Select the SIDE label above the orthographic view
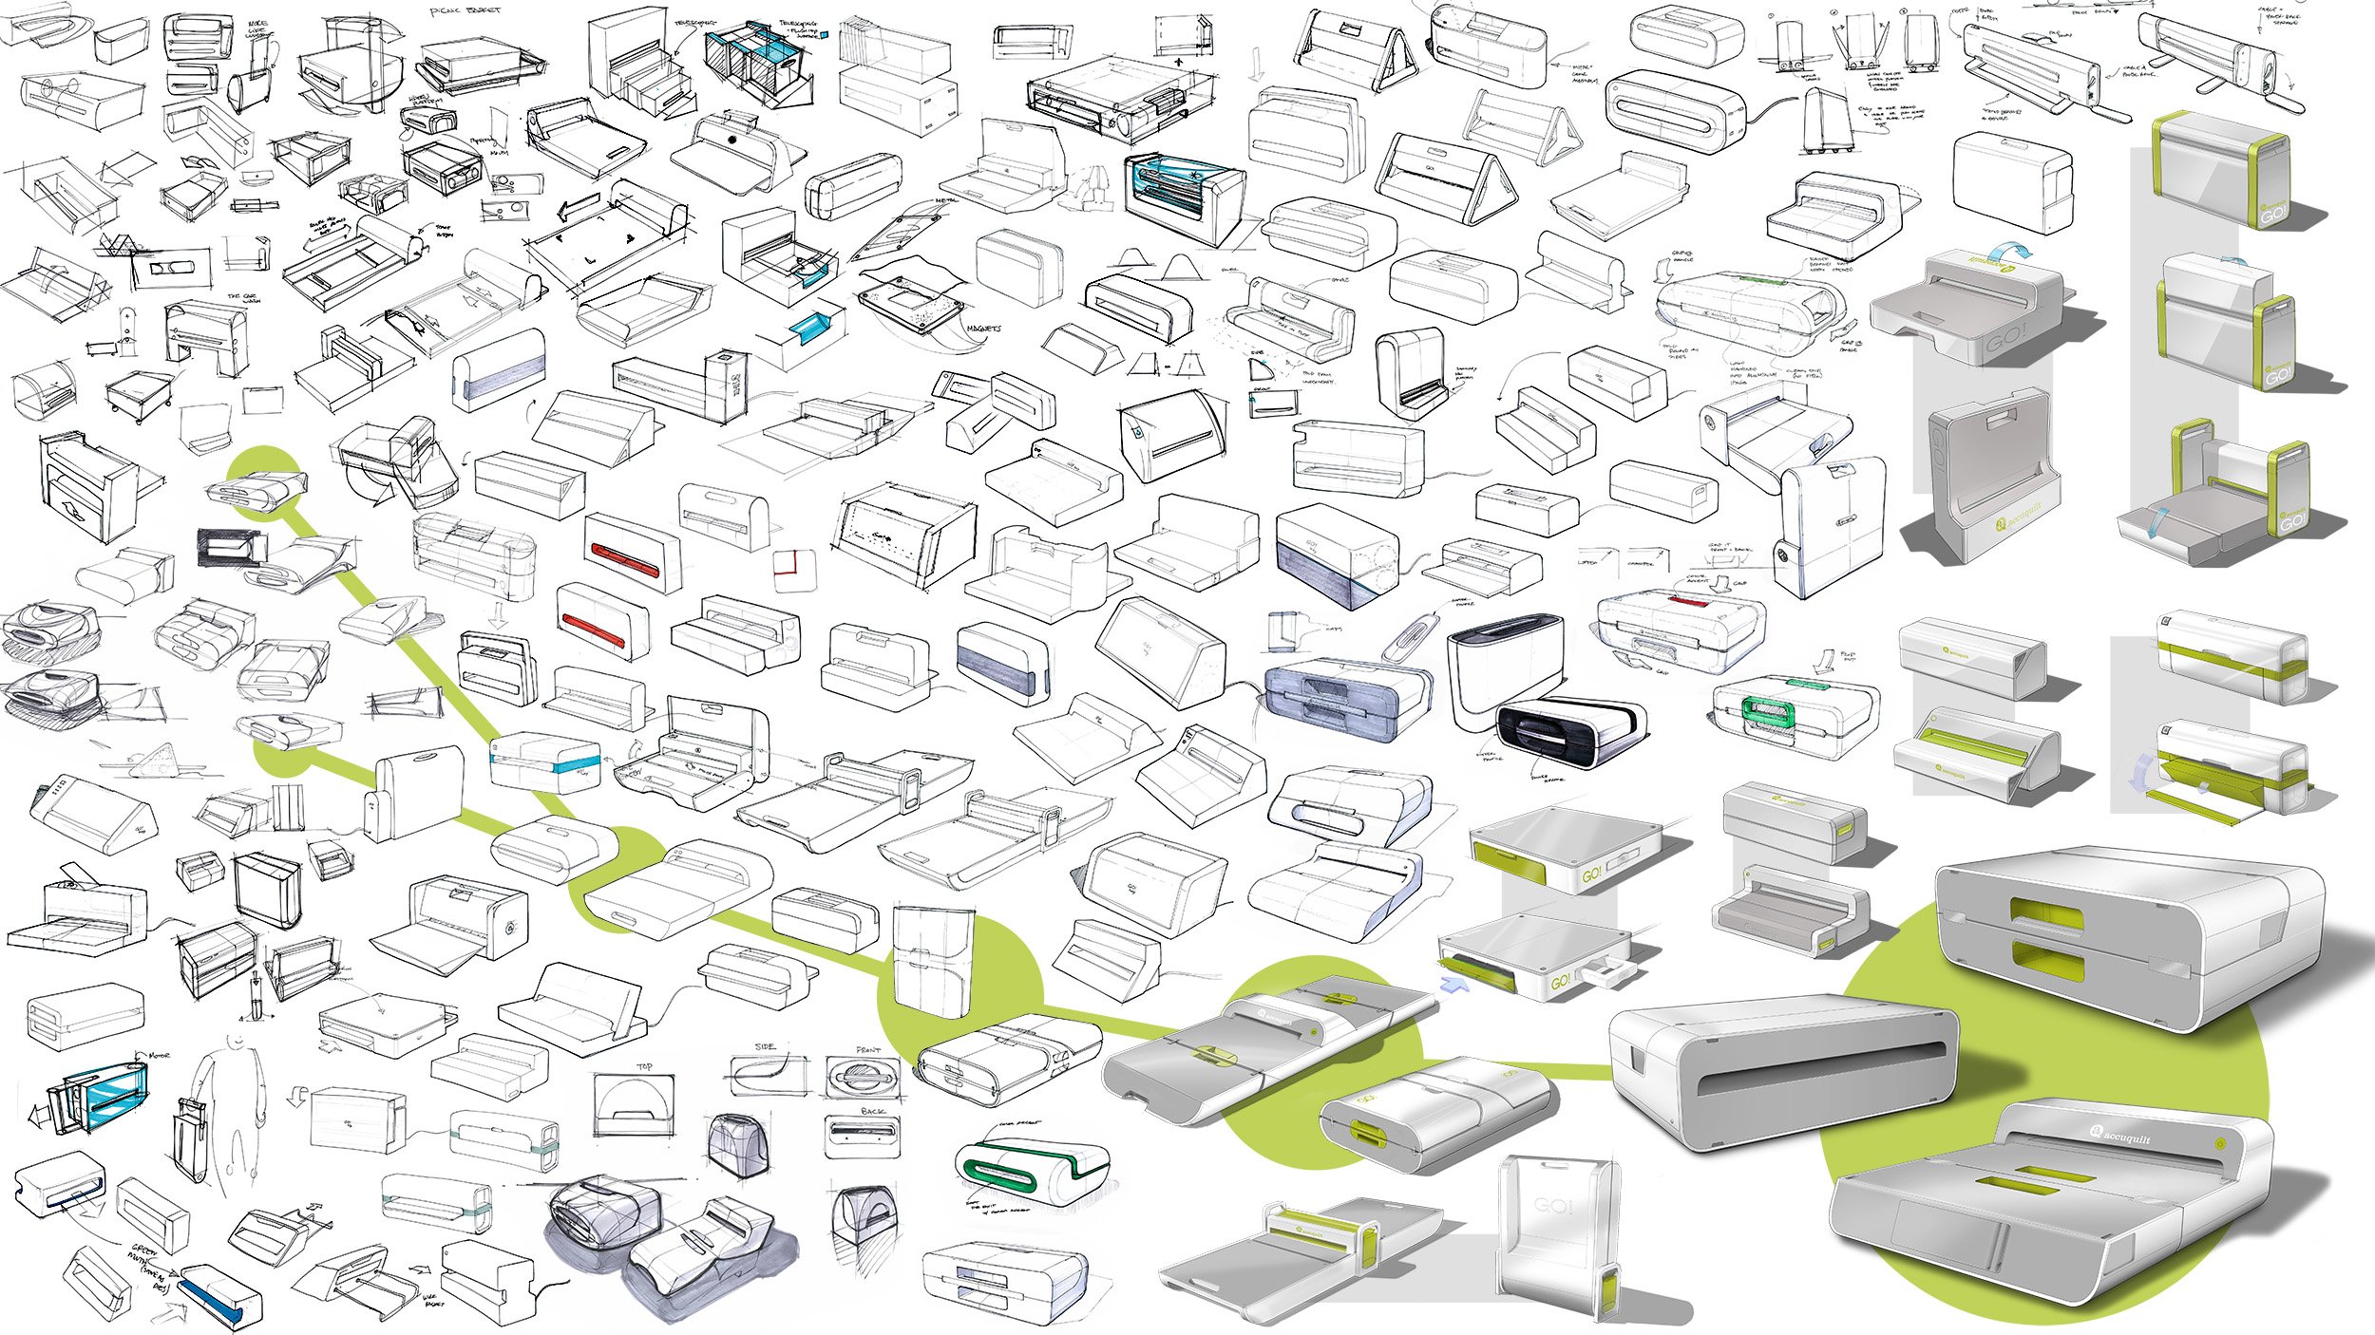pos(766,1046)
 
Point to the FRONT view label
pos(867,1050)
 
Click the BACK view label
pos(873,1111)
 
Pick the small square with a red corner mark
pos(794,570)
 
